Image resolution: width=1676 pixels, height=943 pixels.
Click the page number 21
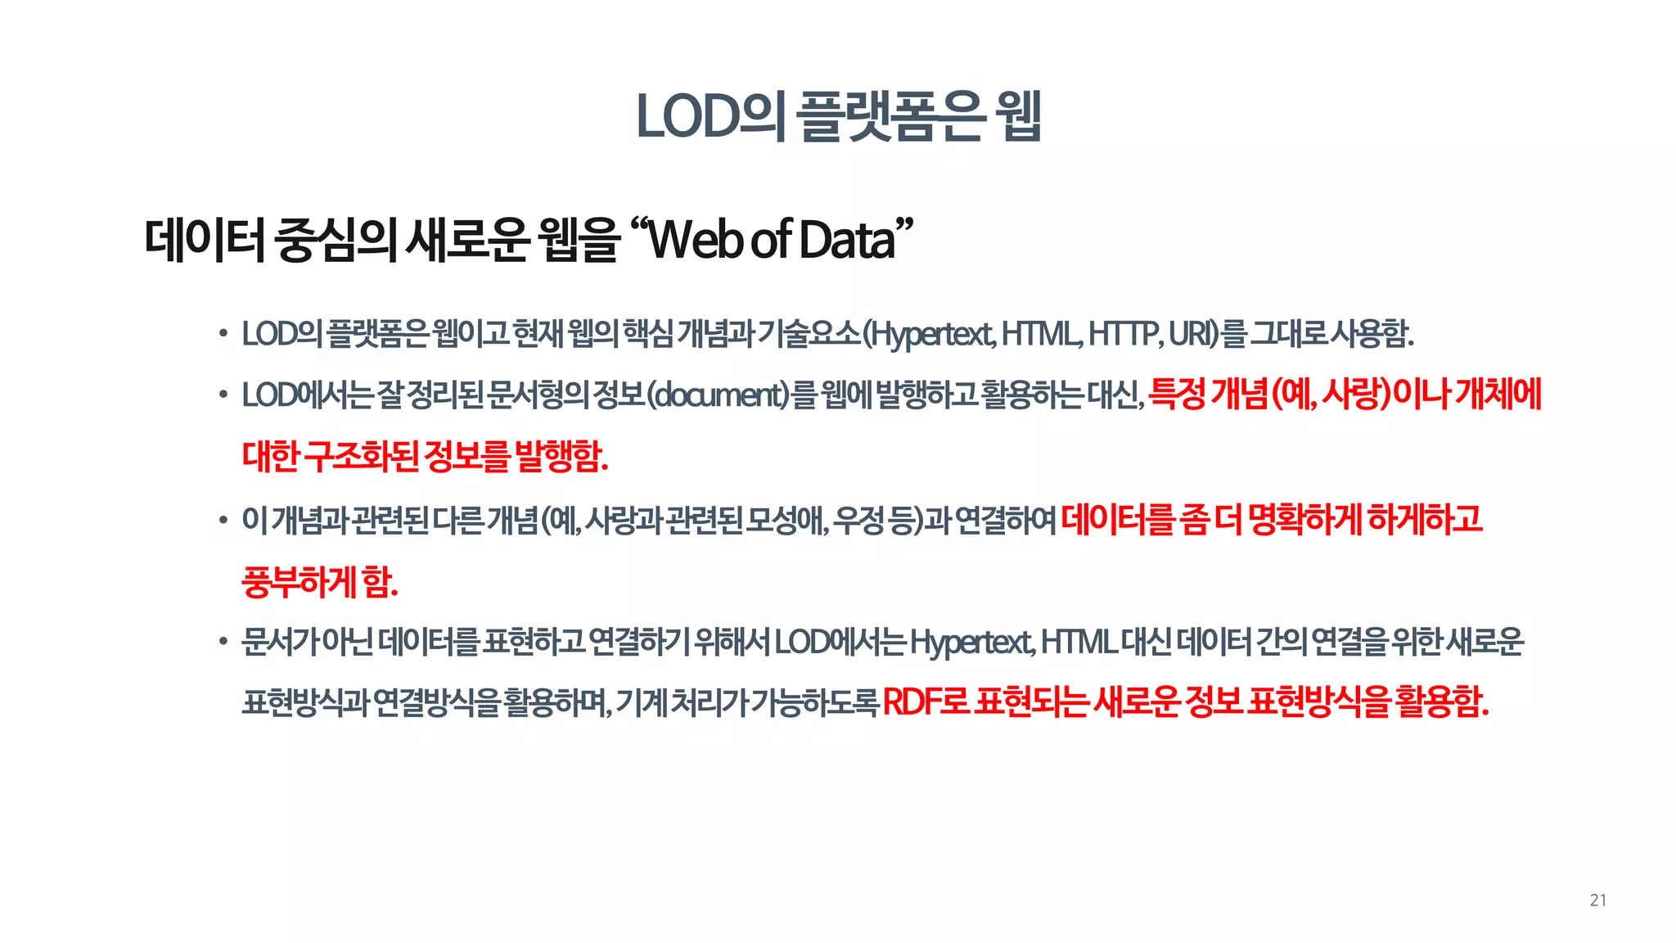click(1597, 900)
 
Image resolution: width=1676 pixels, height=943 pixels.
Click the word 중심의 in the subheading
click(336, 240)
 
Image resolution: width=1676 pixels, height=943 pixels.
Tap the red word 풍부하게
click(299, 582)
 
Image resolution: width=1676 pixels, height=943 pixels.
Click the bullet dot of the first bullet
click(223, 334)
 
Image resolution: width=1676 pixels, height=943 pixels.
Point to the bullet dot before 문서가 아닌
click(223, 642)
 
